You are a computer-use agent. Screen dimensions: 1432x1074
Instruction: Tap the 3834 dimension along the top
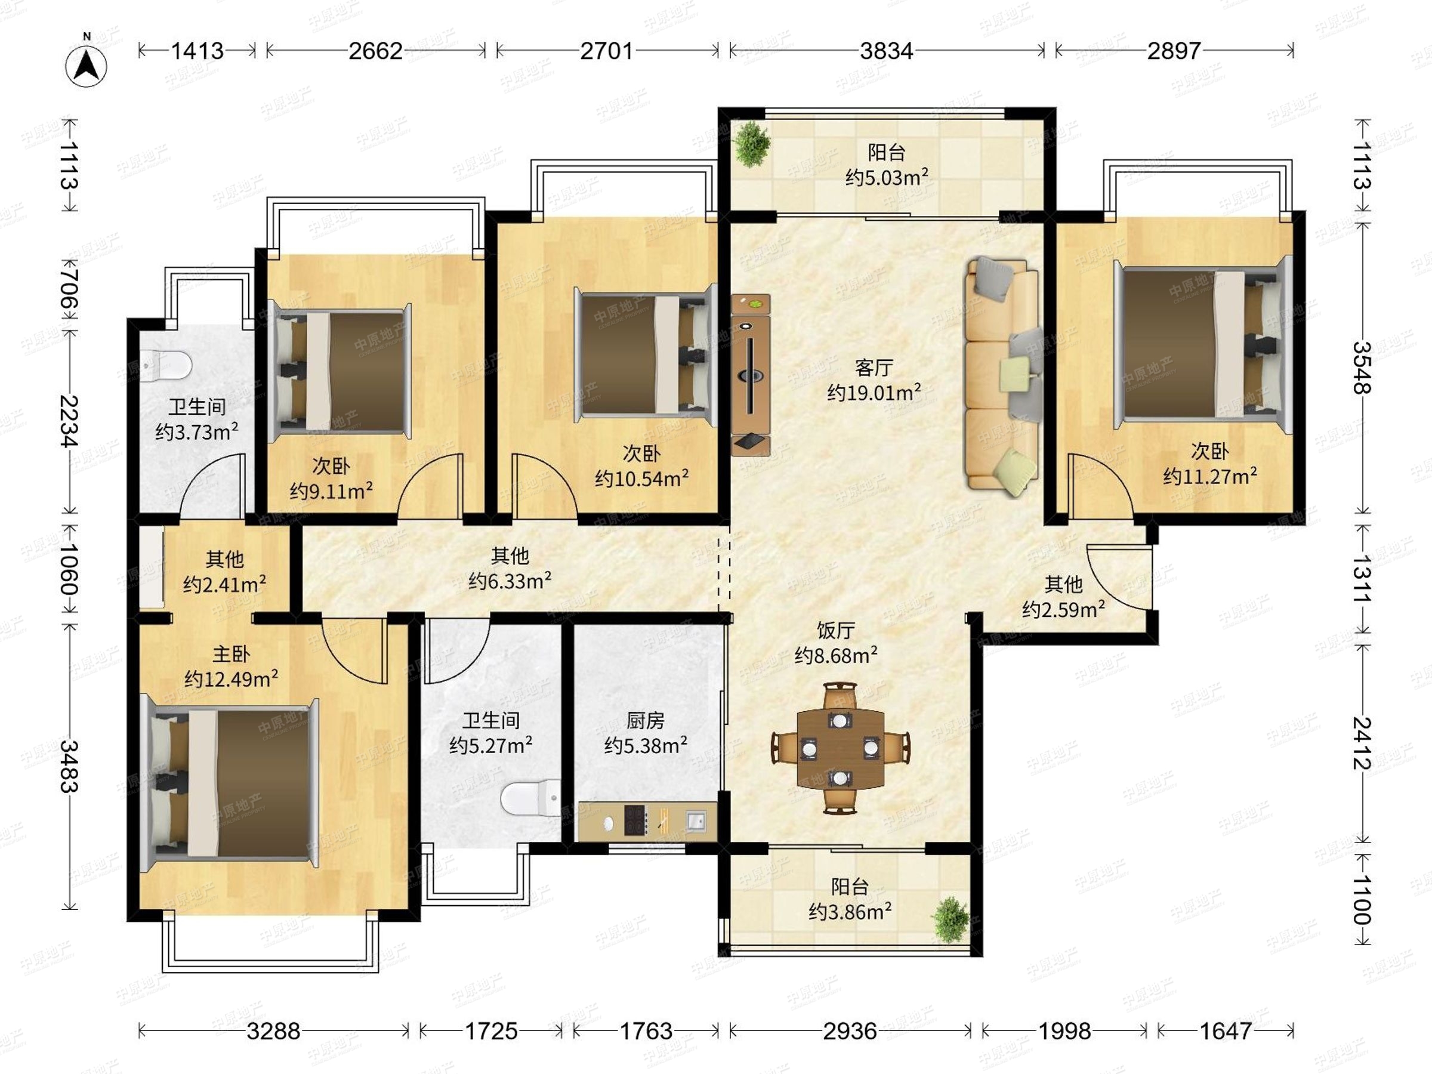pyautogui.click(x=886, y=51)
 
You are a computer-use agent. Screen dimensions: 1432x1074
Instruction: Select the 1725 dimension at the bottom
pyautogui.click(x=490, y=1030)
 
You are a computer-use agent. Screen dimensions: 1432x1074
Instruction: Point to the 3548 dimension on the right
pyautogui.click(x=1362, y=367)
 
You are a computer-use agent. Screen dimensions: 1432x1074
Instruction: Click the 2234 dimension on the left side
pyautogui.click(x=69, y=421)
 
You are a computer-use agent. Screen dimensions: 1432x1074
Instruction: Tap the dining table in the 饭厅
pyautogui.click(x=840, y=748)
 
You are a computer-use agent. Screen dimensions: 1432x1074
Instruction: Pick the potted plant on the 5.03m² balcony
pyautogui.click(x=751, y=144)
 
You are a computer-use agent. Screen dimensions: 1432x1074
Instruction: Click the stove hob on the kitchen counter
pyautogui.click(x=635, y=820)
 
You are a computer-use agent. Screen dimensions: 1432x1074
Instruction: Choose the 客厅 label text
pyautogui.click(x=874, y=368)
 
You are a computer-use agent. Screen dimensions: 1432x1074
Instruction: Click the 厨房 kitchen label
pyautogui.click(x=646, y=721)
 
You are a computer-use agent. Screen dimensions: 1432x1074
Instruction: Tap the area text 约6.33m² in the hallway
pyautogui.click(x=510, y=581)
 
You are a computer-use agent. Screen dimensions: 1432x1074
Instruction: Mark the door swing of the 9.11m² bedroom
pyautogui.click(x=430, y=486)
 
